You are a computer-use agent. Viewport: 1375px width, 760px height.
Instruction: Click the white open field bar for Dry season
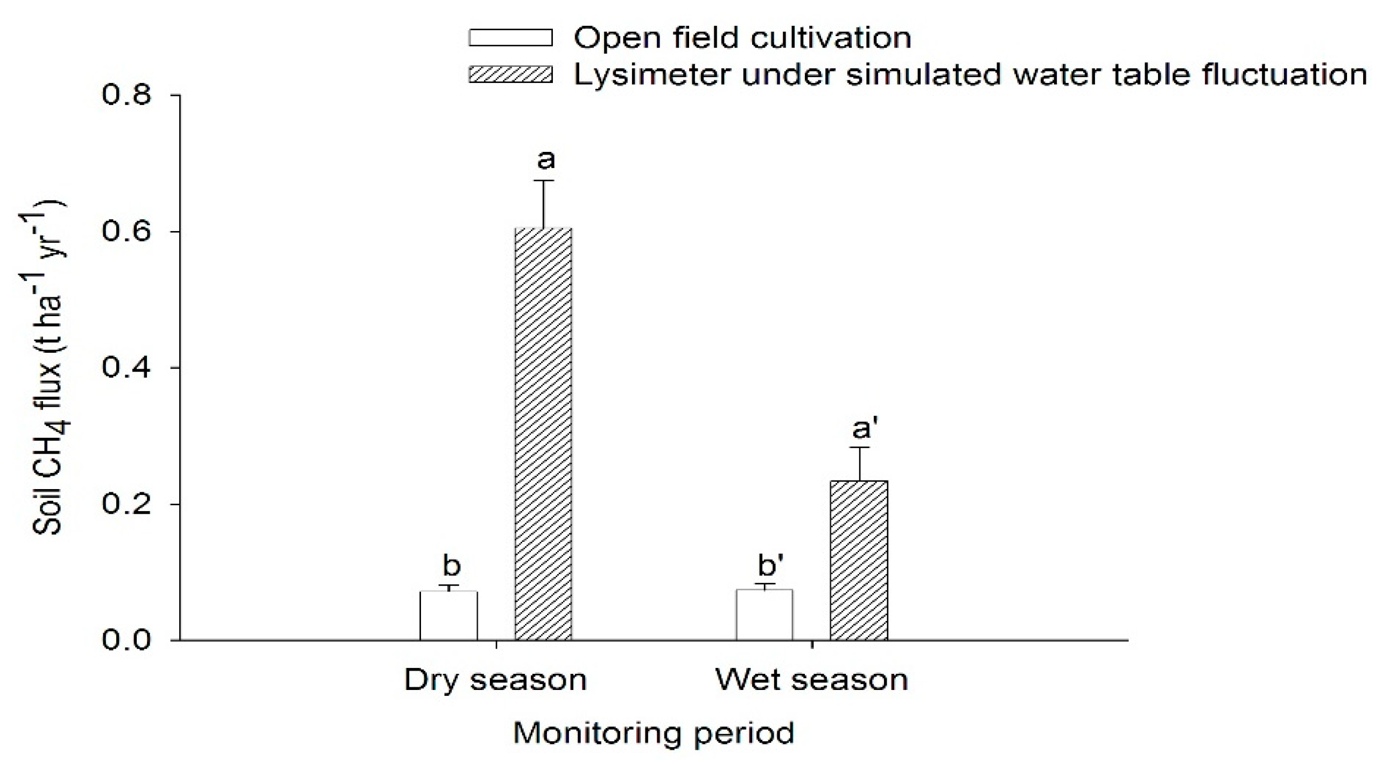(x=448, y=615)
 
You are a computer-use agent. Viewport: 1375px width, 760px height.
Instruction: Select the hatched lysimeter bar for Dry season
(x=543, y=434)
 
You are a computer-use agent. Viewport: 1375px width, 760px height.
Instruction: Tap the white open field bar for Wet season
(x=764, y=614)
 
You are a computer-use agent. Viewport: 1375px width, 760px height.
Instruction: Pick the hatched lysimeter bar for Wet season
(x=859, y=560)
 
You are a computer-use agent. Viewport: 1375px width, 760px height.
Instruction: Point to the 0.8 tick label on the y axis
(x=127, y=95)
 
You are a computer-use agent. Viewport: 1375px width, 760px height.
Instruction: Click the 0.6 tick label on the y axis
(x=127, y=232)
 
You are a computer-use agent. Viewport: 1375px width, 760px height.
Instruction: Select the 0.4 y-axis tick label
(x=127, y=368)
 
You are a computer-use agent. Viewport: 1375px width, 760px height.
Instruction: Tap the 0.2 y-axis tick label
(x=127, y=504)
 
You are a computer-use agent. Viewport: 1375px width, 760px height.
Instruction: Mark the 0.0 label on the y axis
(x=127, y=641)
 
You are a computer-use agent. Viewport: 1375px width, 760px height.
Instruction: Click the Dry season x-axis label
(x=495, y=680)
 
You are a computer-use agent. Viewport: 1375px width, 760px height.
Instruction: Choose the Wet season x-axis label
(x=811, y=680)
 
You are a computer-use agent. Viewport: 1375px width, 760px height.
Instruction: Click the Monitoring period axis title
(x=654, y=733)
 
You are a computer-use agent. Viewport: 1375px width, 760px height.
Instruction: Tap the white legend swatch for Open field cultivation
(x=510, y=38)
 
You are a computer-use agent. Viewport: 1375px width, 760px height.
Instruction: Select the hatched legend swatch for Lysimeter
(x=510, y=74)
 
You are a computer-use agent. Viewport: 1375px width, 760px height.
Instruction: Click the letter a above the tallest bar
(x=546, y=159)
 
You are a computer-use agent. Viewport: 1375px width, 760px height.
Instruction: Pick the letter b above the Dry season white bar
(x=451, y=566)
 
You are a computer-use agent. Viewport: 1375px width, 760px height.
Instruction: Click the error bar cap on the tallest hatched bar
(x=544, y=180)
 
